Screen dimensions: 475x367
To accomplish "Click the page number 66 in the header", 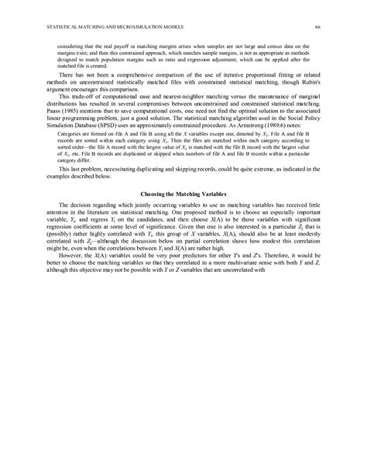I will click(317, 29).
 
